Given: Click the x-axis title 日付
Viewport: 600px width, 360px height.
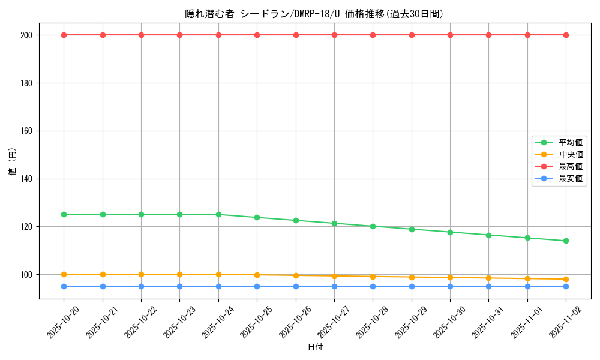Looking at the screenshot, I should (315, 347).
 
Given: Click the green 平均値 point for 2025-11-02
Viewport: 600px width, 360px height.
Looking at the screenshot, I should (566, 241).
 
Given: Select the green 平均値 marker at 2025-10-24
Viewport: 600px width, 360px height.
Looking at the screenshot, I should (218, 214).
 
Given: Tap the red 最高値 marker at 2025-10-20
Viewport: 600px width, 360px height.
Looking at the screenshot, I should (64, 35).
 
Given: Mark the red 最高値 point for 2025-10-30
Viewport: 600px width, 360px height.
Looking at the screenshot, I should (450, 35).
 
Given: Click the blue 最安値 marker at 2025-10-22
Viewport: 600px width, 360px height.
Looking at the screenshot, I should (141, 286).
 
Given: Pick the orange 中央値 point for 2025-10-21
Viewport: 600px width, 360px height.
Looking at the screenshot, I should (103, 274).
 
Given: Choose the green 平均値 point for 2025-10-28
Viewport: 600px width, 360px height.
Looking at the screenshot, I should (373, 226).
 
